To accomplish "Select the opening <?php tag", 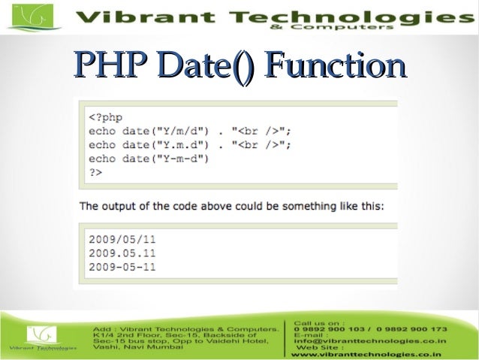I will [106, 117].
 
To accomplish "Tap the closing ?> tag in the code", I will [95, 172].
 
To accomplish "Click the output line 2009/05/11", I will [122, 240].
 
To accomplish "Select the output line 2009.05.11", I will [122, 253].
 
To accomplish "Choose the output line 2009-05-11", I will [122, 267].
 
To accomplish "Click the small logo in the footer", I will [42, 336].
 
